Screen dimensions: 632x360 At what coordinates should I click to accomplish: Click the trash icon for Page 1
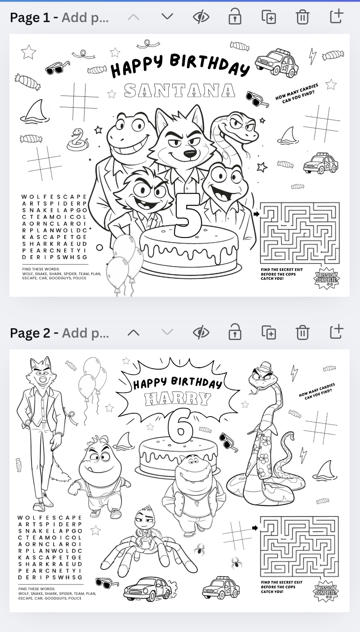302,17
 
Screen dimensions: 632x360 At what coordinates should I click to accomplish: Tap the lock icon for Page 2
235,332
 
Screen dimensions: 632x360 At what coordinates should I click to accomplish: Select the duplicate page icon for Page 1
268,17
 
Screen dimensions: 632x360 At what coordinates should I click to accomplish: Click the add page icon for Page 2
336,332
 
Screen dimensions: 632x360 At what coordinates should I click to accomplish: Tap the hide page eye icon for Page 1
201,17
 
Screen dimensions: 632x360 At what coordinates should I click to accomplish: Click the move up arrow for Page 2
133,332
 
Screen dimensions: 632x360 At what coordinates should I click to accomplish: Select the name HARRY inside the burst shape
178,399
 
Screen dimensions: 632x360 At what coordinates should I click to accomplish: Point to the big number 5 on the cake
187,215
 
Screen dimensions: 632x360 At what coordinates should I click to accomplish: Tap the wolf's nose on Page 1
189,153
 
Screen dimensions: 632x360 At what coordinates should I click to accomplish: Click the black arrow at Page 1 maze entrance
256,214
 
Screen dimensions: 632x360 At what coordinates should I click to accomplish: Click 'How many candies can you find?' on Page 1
297,93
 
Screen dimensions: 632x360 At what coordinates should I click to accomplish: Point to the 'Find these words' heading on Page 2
37,589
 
